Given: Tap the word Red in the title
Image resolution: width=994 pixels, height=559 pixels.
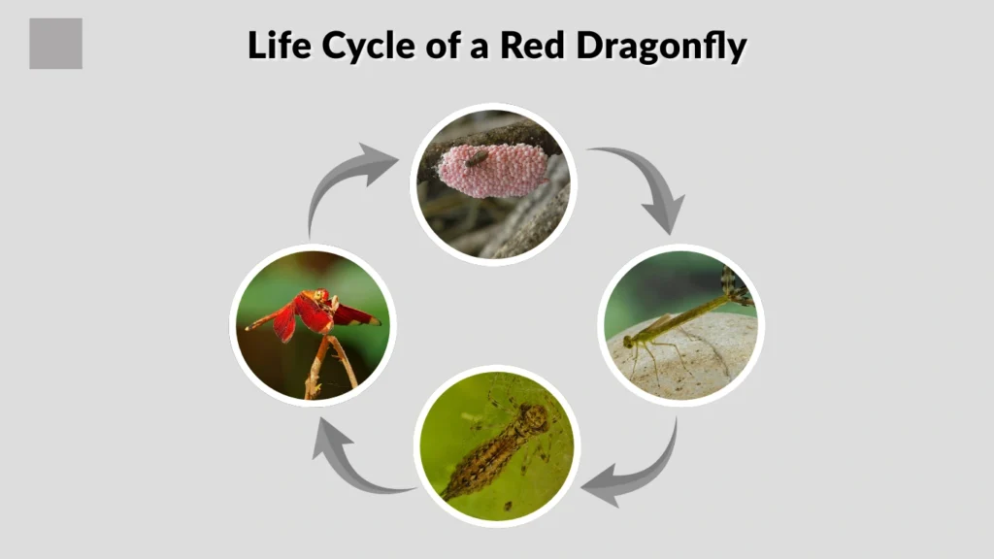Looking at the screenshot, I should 530,46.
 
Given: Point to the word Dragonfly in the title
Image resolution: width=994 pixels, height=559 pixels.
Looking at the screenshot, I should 661,46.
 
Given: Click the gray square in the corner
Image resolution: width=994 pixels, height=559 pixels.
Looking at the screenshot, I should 55,44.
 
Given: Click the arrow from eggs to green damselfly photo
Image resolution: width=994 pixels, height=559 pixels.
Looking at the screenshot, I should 646,184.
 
